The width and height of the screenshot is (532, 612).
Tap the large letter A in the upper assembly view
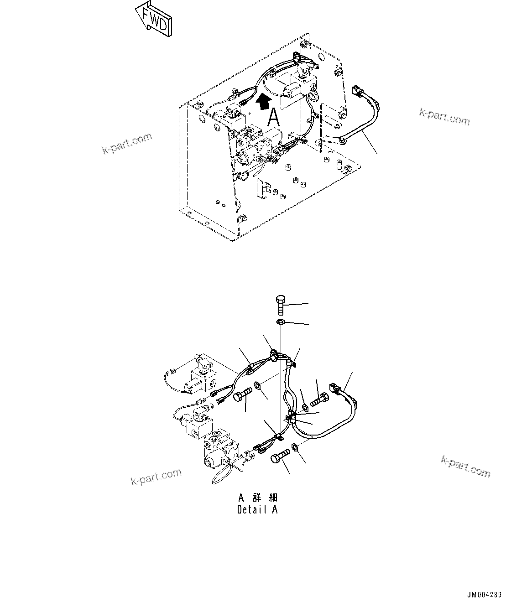[x=273, y=118]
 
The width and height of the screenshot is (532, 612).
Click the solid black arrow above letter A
[x=263, y=101]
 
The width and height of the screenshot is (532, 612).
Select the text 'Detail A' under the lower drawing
[x=257, y=510]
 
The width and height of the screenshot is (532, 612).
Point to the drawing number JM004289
[x=484, y=595]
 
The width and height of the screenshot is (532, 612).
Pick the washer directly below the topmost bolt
[x=281, y=322]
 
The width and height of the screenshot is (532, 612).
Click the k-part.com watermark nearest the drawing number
[x=465, y=467]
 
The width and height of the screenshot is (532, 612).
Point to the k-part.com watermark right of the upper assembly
[x=444, y=117]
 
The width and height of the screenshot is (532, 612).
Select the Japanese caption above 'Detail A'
[x=257, y=498]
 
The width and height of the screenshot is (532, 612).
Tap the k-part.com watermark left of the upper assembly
[x=127, y=143]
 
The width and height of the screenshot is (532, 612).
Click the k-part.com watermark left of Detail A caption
[x=156, y=477]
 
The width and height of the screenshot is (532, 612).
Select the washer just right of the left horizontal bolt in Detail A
[x=258, y=386]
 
